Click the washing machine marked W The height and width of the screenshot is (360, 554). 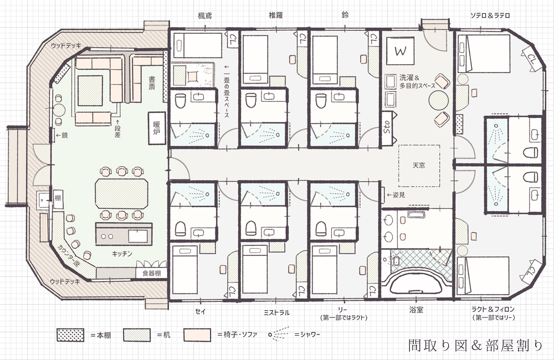pos(400,50)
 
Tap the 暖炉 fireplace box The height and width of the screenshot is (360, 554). pos(157,128)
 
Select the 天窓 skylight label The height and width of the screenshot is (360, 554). pos(419,166)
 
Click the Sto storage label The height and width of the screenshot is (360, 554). pos(387,127)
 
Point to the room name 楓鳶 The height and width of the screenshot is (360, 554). pos(205,16)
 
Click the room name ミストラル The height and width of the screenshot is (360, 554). pos(276,312)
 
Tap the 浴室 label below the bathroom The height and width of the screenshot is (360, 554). pos(416,310)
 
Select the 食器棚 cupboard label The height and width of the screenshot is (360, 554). pos(152,273)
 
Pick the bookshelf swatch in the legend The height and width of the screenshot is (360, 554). pos(70,335)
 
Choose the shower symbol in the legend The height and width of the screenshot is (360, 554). pos(279,334)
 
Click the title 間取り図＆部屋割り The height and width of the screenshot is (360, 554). pos(475,345)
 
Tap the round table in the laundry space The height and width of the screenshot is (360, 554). pos(438,100)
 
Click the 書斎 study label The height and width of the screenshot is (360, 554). pos(152,83)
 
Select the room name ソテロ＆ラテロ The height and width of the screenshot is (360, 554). pos(490,16)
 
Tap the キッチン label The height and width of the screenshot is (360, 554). pos(122,254)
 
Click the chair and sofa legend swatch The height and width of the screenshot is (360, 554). pos(197,335)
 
